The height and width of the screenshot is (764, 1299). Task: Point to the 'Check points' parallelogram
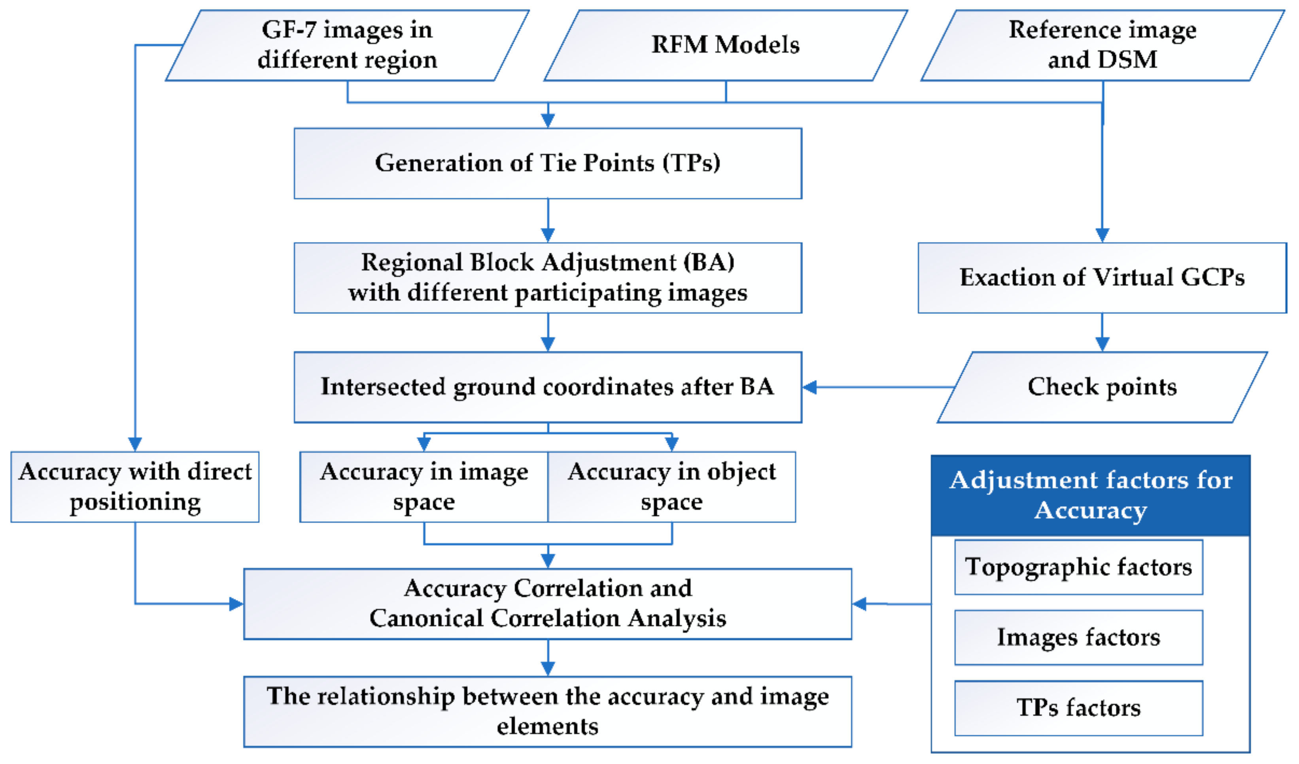[x=1102, y=387]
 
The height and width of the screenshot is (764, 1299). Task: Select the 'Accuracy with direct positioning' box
[x=135, y=487]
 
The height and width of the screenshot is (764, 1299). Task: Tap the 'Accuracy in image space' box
[x=424, y=487]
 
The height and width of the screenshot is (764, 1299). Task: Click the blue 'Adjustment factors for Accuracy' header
[x=1090, y=495]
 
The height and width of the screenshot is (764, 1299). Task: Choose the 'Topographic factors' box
[x=1078, y=567]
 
